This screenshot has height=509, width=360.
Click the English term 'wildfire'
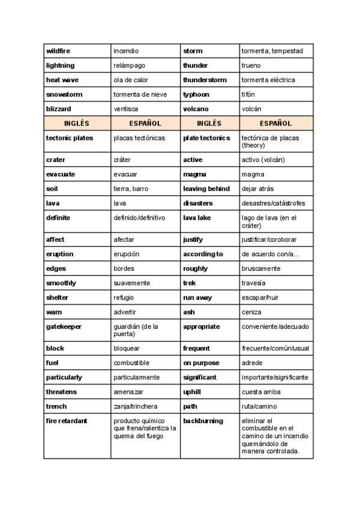tap(58, 51)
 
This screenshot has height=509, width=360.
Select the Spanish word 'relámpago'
tap(129, 65)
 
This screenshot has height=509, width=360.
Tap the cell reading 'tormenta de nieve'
tap(140, 94)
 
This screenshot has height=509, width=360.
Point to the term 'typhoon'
tap(196, 94)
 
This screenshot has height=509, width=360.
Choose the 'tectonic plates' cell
tap(70, 138)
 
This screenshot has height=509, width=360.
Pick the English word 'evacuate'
tap(61, 174)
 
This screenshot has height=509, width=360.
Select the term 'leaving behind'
tap(206, 188)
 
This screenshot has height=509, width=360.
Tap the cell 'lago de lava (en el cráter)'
tap(269, 221)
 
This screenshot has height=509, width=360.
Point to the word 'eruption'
tap(59, 254)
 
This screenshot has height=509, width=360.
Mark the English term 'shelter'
tap(57, 297)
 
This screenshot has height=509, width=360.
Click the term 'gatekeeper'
tap(64, 327)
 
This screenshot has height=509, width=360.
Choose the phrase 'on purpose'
tap(201, 363)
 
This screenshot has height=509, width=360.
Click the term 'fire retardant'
tap(67, 421)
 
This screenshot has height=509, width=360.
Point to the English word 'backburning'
tap(203, 421)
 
